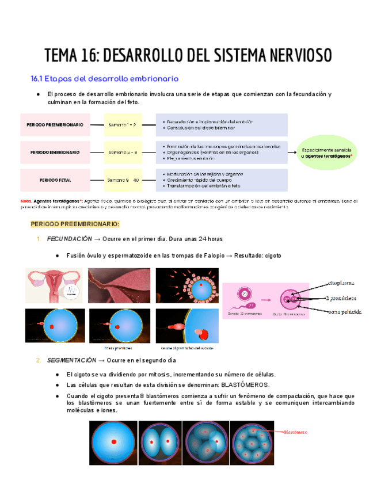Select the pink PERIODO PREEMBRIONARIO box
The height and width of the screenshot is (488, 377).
point(55,124)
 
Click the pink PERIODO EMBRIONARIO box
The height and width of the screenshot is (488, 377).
point(55,152)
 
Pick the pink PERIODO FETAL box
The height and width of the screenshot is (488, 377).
point(55,180)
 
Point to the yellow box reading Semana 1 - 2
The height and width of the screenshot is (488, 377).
point(122,124)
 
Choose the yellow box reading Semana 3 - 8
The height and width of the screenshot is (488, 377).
point(122,152)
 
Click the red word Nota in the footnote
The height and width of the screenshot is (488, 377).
point(25,201)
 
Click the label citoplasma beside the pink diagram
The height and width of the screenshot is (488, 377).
point(341,283)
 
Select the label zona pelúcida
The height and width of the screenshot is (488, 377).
point(344,312)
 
